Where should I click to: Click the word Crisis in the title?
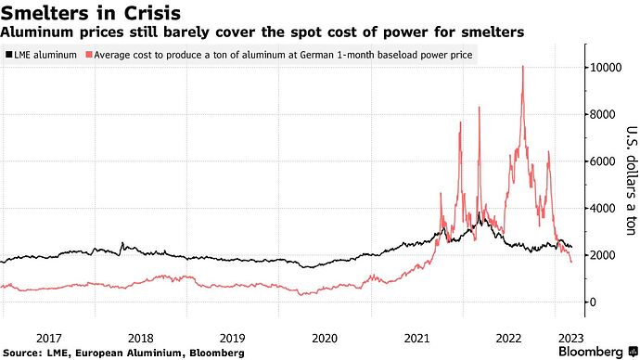[152, 13]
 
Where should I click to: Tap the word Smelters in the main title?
[45, 13]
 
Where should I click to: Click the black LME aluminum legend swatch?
[8, 55]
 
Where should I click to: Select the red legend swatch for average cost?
[88, 55]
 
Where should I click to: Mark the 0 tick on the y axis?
[593, 302]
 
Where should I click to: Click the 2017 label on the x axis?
[49, 339]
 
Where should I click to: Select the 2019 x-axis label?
[233, 339]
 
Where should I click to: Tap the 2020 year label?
[325, 339]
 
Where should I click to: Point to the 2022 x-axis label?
[508, 339]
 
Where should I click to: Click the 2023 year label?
[571, 339]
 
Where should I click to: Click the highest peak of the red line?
[523, 66]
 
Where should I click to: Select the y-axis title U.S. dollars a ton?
[631, 181]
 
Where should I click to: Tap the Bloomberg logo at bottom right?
[598, 352]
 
